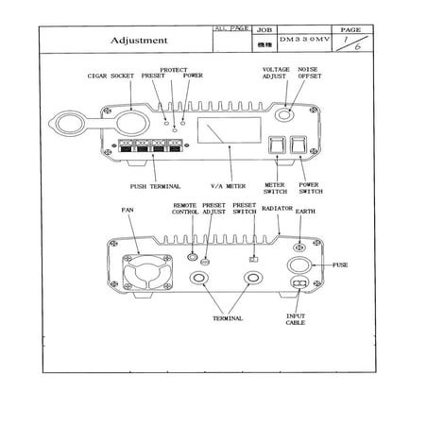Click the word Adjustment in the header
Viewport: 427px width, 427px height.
pyautogui.click(x=139, y=42)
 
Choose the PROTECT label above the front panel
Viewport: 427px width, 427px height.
pyautogui.click(x=172, y=70)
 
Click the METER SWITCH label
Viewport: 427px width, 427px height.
pyautogui.click(x=275, y=189)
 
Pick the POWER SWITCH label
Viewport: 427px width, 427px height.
pyautogui.click(x=309, y=189)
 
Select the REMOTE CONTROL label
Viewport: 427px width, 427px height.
pyautogui.click(x=185, y=210)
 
